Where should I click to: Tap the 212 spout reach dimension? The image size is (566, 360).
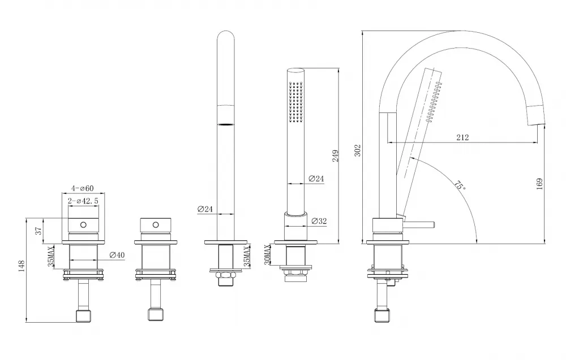click(x=461, y=137)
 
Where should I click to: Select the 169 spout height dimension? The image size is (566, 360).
click(x=539, y=184)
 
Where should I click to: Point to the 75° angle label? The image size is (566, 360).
click(x=460, y=186)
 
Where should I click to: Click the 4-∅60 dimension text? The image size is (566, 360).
click(x=83, y=188)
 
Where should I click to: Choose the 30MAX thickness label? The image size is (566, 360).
click(x=268, y=254)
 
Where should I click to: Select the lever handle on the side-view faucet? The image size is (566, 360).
click(x=419, y=224)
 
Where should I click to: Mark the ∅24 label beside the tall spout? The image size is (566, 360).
click(x=205, y=209)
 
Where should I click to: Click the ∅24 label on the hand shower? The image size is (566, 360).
click(x=316, y=179)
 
